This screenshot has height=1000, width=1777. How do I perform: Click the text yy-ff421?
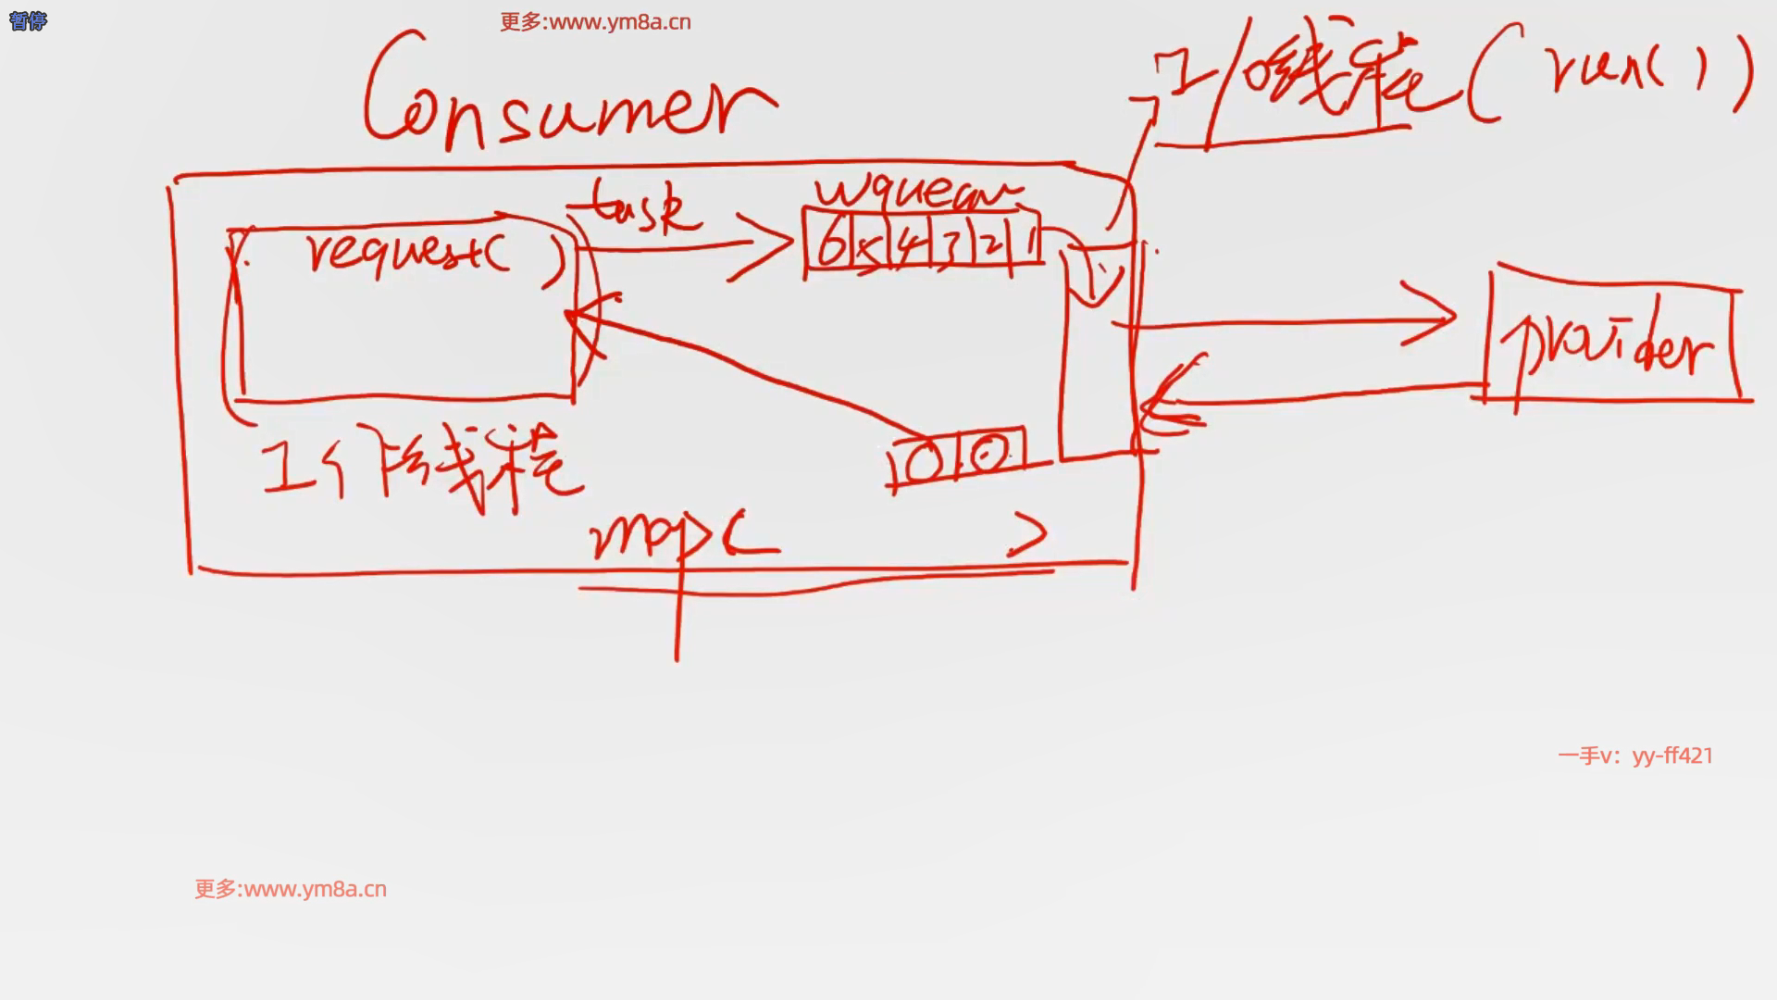point(1672,756)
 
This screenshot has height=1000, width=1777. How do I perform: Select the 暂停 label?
point(28,20)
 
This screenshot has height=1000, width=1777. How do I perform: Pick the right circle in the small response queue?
point(989,454)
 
